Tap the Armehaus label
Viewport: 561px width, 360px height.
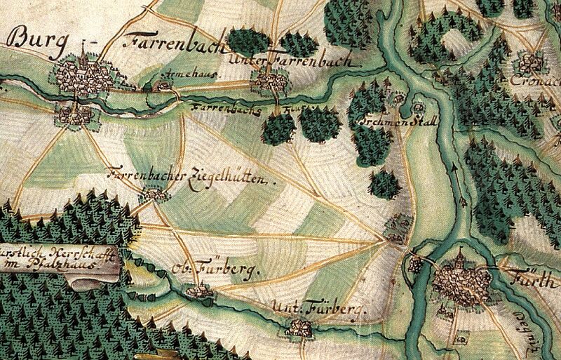click(x=179, y=73)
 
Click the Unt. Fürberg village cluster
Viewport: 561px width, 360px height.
click(x=301, y=327)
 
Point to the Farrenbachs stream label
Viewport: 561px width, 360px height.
click(x=225, y=110)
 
